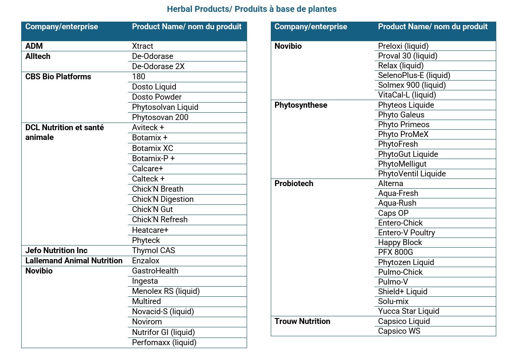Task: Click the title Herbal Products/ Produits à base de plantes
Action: pos(252,9)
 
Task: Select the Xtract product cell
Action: pos(142,46)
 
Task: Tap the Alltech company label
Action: pos(38,56)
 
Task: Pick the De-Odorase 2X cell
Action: pos(158,67)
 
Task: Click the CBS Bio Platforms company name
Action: pos(58,77)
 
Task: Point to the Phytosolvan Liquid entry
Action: pos(165,107)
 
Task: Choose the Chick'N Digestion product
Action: pos(163,199)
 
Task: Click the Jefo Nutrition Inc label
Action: pos(56,250)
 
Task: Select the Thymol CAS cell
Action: pos(153,250)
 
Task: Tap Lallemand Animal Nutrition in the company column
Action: pos(74,260)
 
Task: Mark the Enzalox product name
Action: pos(145,260)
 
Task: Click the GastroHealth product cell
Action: pos(155,271)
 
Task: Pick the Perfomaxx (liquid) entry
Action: pos(164,342)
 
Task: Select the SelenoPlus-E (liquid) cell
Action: pos(414,75)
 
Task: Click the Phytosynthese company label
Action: pos(301,105)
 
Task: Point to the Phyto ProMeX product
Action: pos(403,134)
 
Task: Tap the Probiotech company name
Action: pos(294,184)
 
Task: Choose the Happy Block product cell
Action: pos(400,243)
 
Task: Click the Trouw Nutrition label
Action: pos(302,321)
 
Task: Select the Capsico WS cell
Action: pos(399,331)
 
